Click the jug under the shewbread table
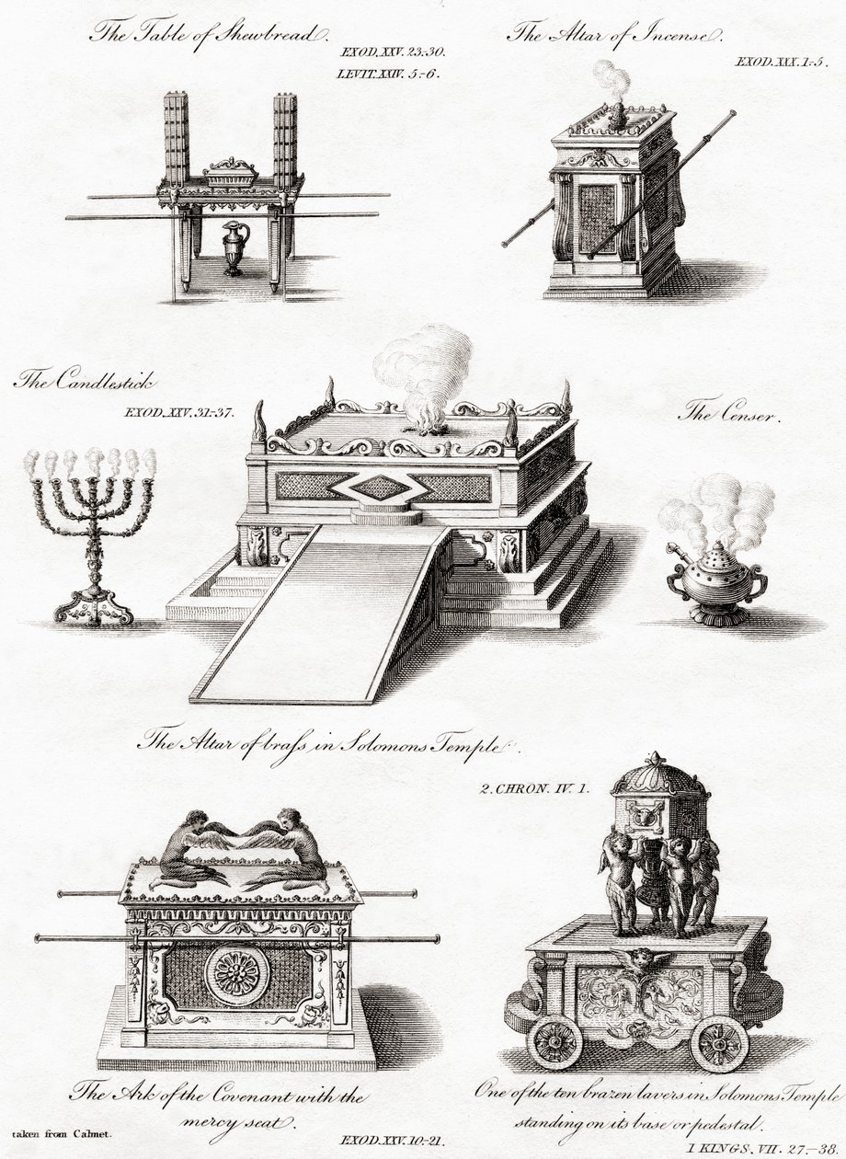pos(235,248)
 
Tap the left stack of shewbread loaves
pos(176,142)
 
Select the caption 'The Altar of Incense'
pos(614,35)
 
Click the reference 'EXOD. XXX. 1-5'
pos(782,63)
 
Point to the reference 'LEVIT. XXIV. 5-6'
pos(388,74)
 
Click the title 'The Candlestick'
pos(85,382)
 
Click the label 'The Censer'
pos(729,414)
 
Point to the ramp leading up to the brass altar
pos(322,614)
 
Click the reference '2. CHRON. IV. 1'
pos(533,788)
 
